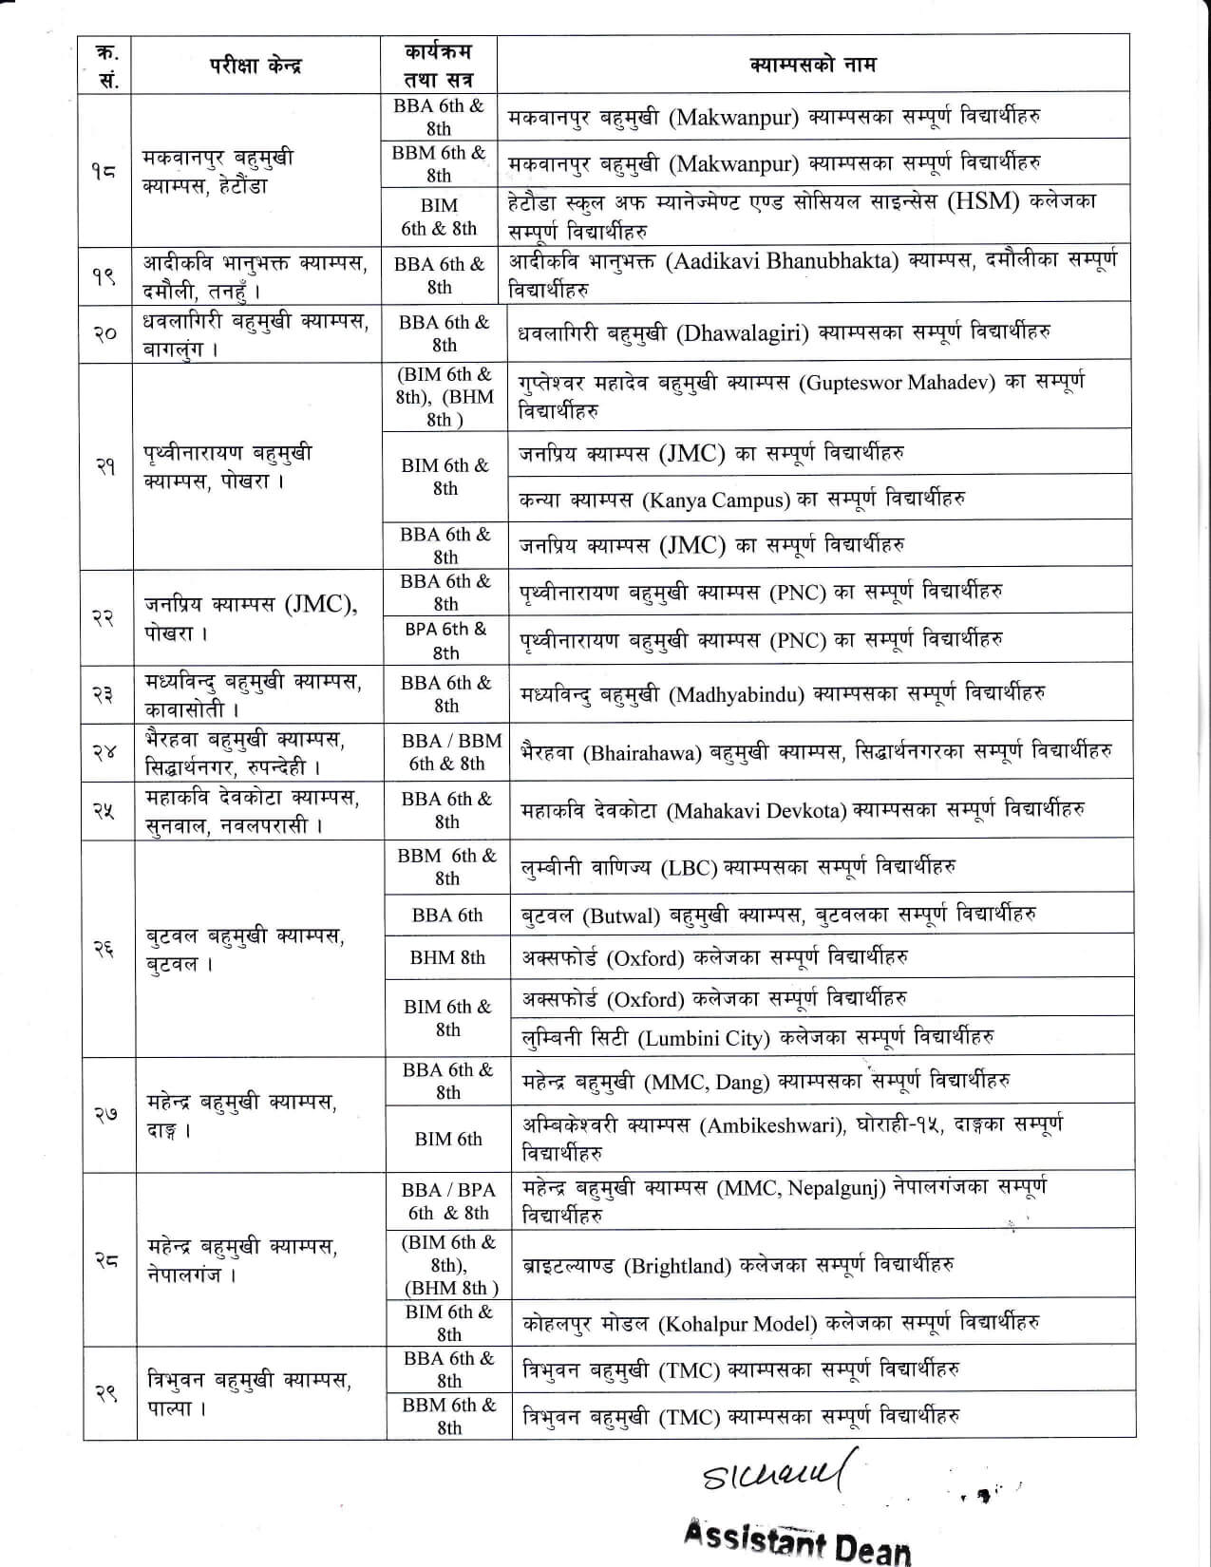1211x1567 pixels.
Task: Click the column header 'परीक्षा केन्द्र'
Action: [255, 66]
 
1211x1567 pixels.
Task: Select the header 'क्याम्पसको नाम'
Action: [812, 65]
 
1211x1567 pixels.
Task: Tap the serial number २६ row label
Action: [105, 947]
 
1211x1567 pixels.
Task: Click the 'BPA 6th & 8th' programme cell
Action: [446, 640]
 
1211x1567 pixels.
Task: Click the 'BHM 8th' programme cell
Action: [447, 957]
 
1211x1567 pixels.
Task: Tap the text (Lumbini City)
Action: [705, 1038]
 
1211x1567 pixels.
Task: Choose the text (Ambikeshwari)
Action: [772, 1125]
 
